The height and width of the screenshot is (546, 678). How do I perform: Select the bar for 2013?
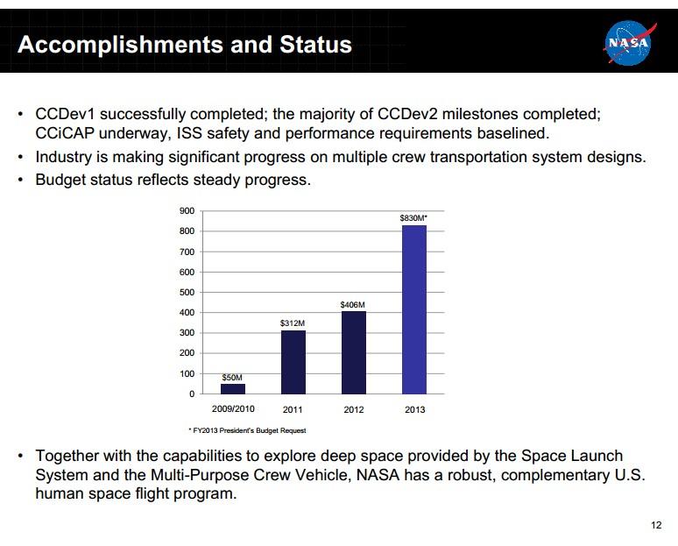(x=413, y=309)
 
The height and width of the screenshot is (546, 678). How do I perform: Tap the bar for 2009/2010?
(x=233, y=388)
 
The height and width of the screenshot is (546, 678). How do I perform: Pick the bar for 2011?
(x=293, y=362)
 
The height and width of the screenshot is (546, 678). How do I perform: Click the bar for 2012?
(x=354, y=352)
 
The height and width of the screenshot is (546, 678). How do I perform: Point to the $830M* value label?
(x=413, y=216)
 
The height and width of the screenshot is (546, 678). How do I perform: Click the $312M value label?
(x=293, y=323)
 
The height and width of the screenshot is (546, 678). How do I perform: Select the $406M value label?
(x=353, y=304)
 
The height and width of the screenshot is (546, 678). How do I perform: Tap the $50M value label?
(x=232, y=377)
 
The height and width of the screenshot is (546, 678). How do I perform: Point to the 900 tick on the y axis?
(x=187, y=211)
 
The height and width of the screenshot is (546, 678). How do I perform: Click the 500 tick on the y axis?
(x=187, y=293)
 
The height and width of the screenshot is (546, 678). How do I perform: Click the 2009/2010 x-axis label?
(x=233, y=409)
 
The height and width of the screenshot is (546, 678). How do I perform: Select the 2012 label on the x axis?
(x=354, y=410)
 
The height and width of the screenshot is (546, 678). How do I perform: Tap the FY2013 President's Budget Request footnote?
(x=247, y=430)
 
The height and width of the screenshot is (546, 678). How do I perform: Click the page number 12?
(x=657, y=525)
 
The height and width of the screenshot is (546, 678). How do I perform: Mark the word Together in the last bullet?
(x=67, y=456)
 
